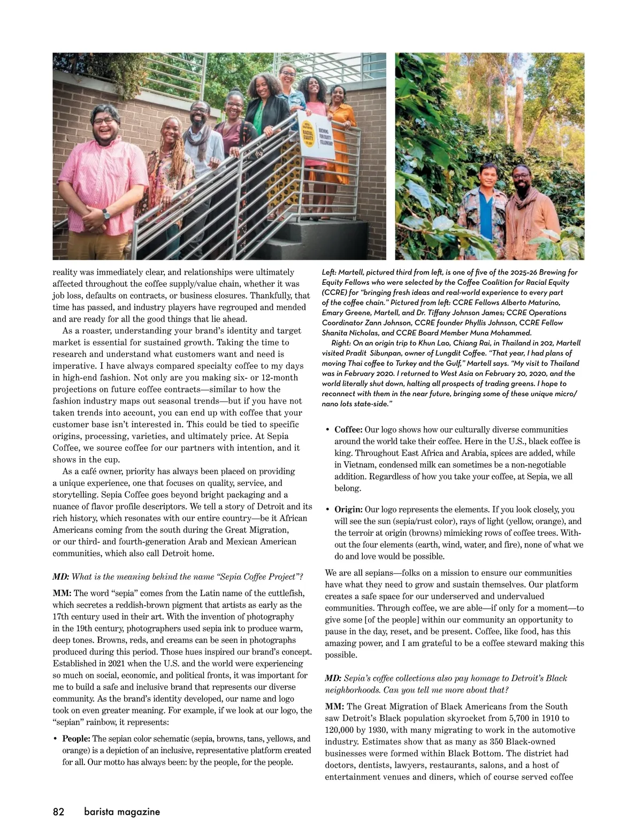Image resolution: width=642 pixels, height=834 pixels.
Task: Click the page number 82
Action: [x=58, y=812]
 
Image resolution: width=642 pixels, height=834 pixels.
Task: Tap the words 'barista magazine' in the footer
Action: [x=122, y=812]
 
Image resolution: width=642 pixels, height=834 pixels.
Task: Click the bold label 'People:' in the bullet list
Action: [x=76, y=739]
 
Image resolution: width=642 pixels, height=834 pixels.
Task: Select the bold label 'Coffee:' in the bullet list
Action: [x=348, y=429]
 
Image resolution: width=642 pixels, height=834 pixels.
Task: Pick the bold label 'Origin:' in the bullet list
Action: [x=348, y=510]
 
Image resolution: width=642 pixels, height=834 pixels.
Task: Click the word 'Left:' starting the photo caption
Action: [x=329, y=272]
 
